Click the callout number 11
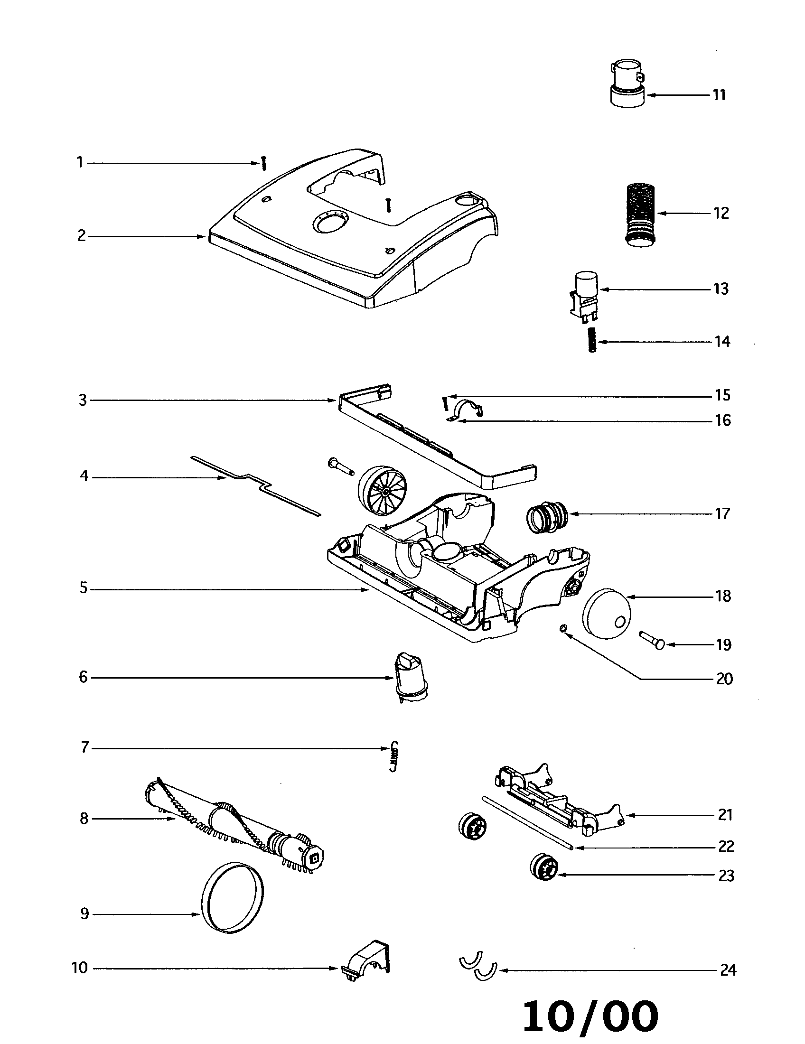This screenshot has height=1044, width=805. click(720, 95)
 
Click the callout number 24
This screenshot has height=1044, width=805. click(728, 970)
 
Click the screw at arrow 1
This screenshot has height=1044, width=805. click(263, 164)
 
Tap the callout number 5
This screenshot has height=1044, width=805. click(84, 588)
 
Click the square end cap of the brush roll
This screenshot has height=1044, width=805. click(315, 859)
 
